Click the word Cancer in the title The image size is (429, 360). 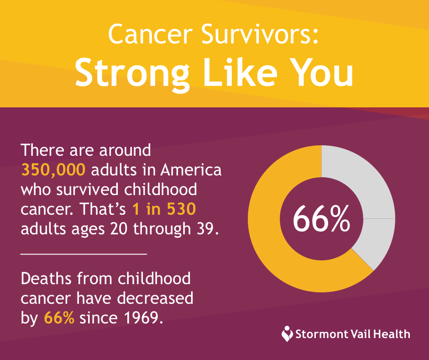pyautogui.click(x=150, y=34)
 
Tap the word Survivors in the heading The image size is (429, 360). pyautogui.click(x=260, y=34)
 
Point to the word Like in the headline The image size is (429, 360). pyautogui.click(x=240, y=72)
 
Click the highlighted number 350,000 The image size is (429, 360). pyautogui.click(x=53, y=170)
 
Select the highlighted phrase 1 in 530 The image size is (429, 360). pyautogui.click(x=164, y=209)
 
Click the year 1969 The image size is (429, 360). pyautogui.click(x=144, y=318)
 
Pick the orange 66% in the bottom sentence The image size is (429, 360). pyautogui.click(x=59, y=318)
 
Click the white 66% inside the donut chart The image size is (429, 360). pyautogui.click(x=321, y=219)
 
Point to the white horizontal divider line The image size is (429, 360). pyautogui.click(x=84, y=254)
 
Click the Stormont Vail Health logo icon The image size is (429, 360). pyautogui.click(x=287, y=334)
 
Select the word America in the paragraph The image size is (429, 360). pyautogui.click(x=191, y=170)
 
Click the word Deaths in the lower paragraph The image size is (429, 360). pyautogui.click(x=46, y=279)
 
